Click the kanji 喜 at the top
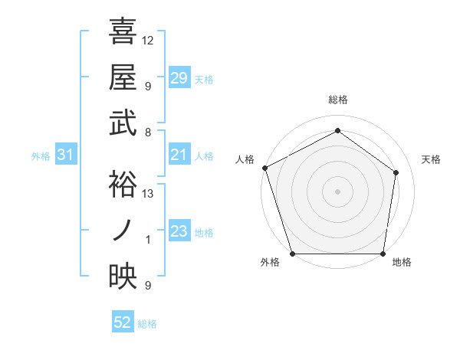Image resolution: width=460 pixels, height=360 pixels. point(123,32)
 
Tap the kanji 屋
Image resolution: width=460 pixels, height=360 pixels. point(123,77)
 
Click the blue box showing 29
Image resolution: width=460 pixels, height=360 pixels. point(179,78)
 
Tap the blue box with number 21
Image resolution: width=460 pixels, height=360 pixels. point(179,155)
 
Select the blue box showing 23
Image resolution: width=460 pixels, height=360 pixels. point(179,232)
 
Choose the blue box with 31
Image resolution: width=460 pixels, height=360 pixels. point(66,155)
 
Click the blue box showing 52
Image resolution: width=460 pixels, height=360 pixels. point(123,323)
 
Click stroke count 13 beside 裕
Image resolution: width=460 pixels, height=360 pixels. point(148,194)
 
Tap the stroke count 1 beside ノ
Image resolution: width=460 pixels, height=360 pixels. point(148,240)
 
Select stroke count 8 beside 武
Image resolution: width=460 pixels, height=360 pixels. point(148,132)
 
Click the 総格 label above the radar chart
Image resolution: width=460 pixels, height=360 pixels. point(337,100)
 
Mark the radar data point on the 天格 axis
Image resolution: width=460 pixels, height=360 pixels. point(396,172)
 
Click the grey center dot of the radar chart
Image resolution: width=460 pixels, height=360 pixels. point(337,191)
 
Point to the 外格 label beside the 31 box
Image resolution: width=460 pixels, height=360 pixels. point(41,156)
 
